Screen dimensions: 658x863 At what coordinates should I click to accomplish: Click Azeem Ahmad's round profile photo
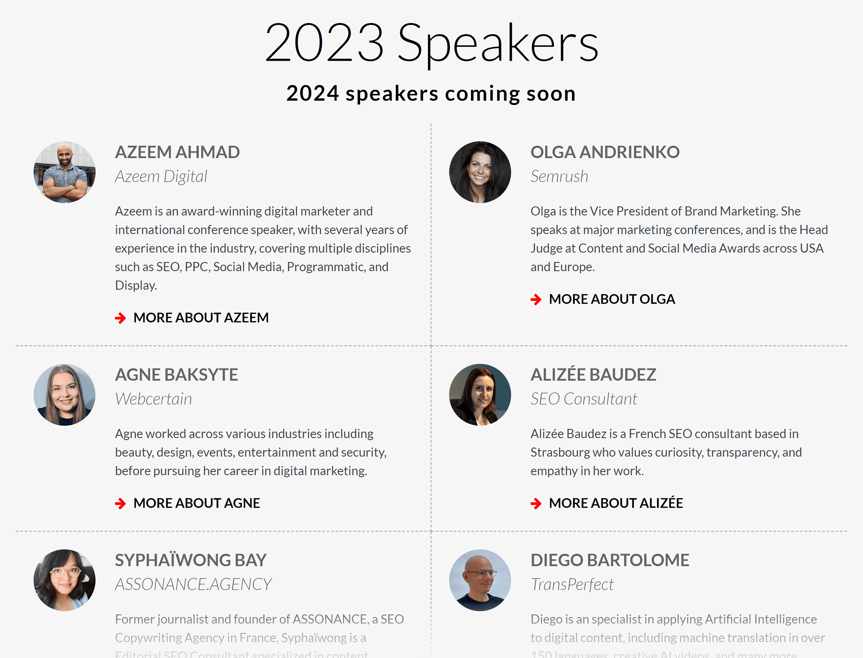pyautogui.click(x=65, y=172)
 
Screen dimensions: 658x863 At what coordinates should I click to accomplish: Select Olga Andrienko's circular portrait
pyautogui.click(x=480, y=172)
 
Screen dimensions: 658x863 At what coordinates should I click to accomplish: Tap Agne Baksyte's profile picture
pyautogui.click(x=65, y=395)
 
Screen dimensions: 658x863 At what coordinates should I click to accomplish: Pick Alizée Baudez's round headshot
pyautogui.click(x=480, y=395)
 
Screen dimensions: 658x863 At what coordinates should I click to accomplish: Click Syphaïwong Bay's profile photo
pyautogui.click(x=65, y=580)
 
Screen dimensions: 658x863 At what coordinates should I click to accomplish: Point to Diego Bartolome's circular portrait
pyautogui.click(x=480, y=580)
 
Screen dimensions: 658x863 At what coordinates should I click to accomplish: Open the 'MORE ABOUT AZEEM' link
pyautogui.click(x=201, y=318)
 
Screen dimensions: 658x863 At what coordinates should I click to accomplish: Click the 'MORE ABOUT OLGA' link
pyautogui.click(x=612, y=299)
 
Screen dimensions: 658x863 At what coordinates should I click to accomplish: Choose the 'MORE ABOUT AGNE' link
pyautogui.click(x=196, y=503)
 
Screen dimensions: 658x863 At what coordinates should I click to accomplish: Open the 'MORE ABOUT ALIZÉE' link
pyautogui.click(x=615, y=503)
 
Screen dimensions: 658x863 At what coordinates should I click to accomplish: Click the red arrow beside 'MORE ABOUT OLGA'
pyautogui.click(x=536, y=300)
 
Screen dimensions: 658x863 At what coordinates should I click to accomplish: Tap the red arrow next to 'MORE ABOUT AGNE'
pyautogui.click(x=120, y=504)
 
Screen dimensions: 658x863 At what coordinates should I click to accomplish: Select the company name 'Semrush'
pyautogui.click(x=559, y=177)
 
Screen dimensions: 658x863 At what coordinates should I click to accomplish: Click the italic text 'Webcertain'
pyautogui.click(x=153, y=399)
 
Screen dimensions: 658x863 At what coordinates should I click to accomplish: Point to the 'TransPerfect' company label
pyautogui.click(x=572, y=584)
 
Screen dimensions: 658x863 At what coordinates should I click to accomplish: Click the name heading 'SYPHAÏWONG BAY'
pyautogui.click(x=191, y=560)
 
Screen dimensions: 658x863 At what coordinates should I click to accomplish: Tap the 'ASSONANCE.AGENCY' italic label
pyautogui.click(x=193, y=584)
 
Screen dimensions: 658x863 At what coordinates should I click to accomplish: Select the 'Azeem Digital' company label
pyautogui.click(x=161, y=177)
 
